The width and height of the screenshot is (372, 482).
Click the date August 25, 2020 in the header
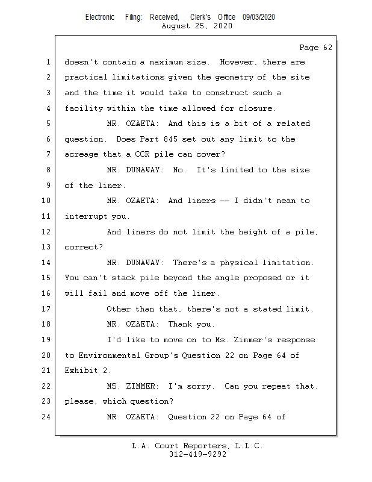(x=197, y=27)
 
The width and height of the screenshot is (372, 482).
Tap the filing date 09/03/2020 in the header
(x=259, y=17)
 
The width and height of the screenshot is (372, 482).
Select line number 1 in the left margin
(x=47, y=62)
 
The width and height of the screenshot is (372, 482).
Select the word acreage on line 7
(x=81, y=155)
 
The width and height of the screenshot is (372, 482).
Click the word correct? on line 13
(x=84, y=247)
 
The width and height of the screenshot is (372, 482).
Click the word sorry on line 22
(x=199, y=386)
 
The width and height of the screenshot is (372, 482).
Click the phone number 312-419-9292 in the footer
(x=197, y=454)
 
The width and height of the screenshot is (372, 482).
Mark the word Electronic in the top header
(x=100, y=17)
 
